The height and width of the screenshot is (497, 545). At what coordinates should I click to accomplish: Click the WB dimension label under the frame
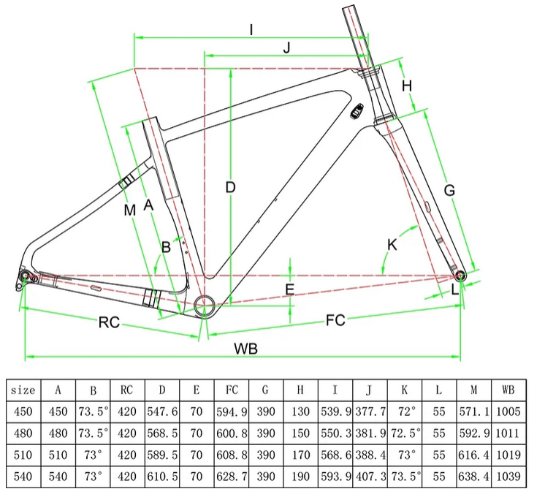[246, 348]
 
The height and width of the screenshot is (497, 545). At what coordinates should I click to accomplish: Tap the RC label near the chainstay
[109, 322]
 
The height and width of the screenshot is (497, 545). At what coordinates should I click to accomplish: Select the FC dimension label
[335, 320]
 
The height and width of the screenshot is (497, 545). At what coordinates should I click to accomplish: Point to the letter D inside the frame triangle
[230, 187]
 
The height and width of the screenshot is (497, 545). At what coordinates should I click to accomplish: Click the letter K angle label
[392, 245]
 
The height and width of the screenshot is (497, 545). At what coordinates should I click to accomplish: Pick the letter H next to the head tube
[407, 86]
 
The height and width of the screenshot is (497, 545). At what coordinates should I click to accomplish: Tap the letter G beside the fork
[449, 190]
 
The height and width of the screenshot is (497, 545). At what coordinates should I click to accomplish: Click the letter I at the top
[251, 30]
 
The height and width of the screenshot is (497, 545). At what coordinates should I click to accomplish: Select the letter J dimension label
[287, 48]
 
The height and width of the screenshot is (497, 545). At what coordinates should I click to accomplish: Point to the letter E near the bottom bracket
[290, 289]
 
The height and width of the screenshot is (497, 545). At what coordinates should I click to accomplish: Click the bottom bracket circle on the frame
[205, 306]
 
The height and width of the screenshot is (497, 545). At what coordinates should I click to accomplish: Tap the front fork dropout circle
[460, 276]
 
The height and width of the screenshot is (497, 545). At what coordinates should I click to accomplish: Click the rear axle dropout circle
[25, 276]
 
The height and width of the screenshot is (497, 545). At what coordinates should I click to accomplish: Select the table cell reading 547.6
[162, 411]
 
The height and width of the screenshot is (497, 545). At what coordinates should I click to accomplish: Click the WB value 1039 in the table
[508, 476]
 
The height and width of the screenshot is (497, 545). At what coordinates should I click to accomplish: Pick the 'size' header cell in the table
[23, 390]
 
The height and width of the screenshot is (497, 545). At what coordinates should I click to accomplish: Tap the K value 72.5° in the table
[405, 433]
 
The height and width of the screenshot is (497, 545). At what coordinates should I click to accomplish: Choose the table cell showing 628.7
[232, 476]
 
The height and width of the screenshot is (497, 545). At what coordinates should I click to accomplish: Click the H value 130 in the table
[300, 411]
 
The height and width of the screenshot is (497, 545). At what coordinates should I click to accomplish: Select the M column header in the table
[473, 390]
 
